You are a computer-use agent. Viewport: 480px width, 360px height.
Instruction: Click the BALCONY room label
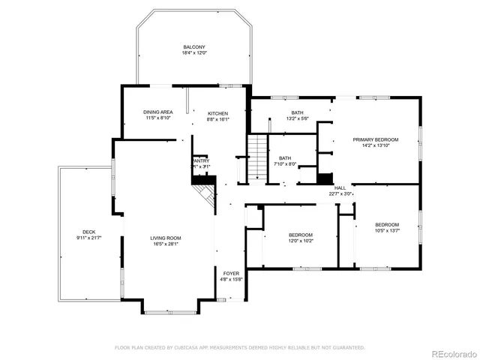pos(193,46)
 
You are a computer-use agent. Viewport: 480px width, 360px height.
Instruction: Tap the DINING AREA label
pos(158,112)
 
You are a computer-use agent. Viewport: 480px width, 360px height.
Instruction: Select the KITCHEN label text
pos(218,112)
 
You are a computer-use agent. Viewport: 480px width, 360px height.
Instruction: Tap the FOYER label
pos(230,273)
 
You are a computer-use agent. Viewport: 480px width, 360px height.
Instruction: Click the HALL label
pos(340,187)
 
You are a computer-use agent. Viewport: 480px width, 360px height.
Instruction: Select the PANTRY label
pos(200,160)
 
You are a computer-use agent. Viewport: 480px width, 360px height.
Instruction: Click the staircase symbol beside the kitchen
pos(258,157)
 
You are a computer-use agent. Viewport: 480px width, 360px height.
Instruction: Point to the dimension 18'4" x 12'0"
pos(193,53)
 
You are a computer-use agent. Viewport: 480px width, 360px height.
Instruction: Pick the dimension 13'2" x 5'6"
pos(297,118)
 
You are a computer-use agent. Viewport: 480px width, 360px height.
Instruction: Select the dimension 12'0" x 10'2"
pos(301,241)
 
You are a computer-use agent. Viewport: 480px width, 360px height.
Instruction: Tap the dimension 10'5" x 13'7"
pos(387,231)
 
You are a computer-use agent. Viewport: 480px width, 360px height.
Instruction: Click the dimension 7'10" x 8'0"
pos(285,164)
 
